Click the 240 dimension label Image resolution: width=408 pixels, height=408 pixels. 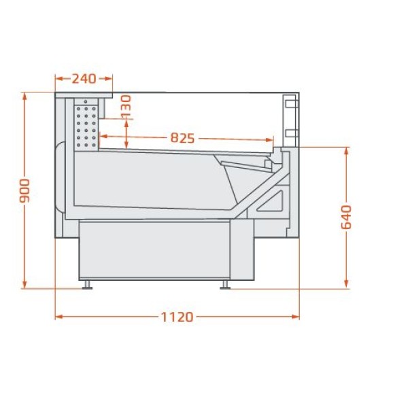pyautogui.click(x=84, y=79)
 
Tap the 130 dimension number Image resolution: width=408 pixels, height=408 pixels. pyautogui.click(x=126, y=105)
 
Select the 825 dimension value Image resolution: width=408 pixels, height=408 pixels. pyautogui.click(x=182, y=138)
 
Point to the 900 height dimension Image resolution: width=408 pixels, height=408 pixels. pyautogui.click(x=25, y=190)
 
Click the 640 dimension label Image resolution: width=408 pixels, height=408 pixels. pyautogui.click(x=346, y=217)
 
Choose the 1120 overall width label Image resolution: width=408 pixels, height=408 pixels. pyautogui.click(x=177, y=317)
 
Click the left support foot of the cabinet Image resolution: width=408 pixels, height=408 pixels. pyautogui.click(x=87, y=284)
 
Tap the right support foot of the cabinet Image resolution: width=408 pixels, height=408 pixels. pyautogui.click(x=225, y=284)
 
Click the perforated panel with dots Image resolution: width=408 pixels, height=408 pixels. pyautogui.click(x=86, y=126)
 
